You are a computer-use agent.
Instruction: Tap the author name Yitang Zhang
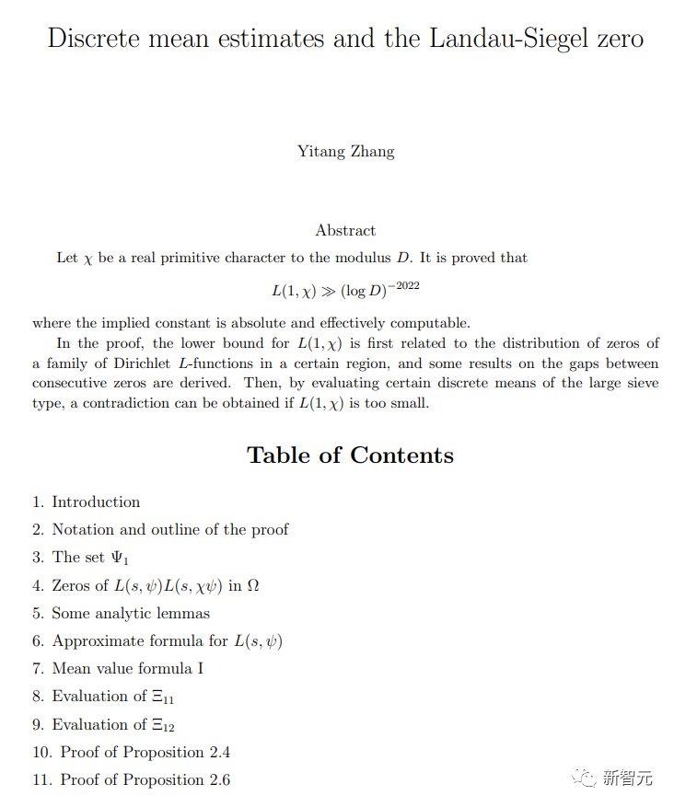click(345, 151)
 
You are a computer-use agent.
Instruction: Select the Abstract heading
click(345, 230)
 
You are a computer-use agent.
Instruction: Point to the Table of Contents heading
click(350, 455)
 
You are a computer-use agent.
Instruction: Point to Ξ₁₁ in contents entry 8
click(163, 697)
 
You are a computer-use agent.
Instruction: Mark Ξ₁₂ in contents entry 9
click(163, 725)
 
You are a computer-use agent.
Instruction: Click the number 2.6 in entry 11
click(219, 780)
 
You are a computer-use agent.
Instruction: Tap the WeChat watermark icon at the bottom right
click(583, 778)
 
